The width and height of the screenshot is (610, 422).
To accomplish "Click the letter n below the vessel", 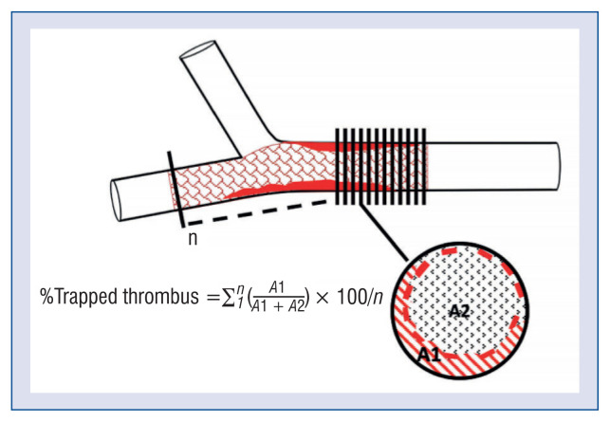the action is tap(191, 240).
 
